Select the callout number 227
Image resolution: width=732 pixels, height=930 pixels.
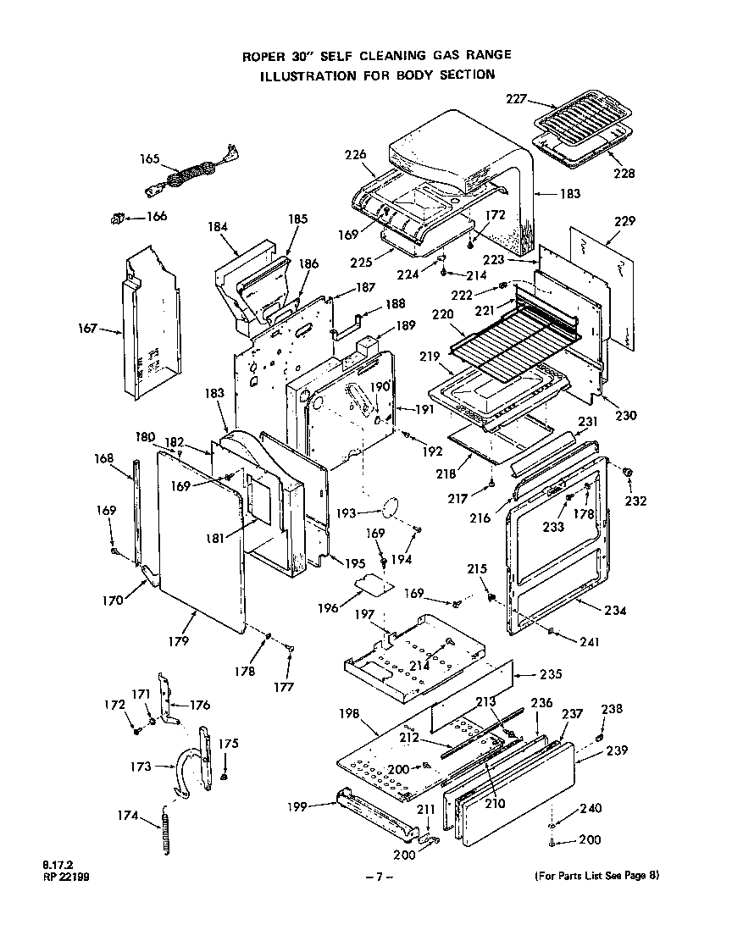(517, 99)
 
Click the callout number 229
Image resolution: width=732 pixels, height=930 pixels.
(624, 221)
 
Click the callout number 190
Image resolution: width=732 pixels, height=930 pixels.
(378, 386)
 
